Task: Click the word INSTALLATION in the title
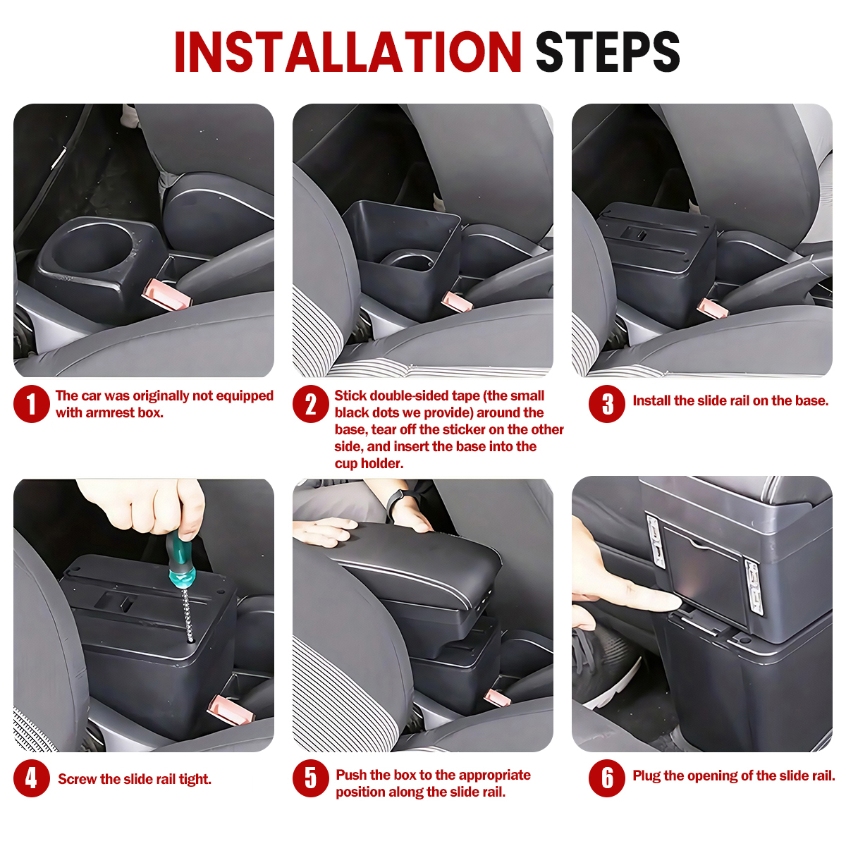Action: coord(348,51)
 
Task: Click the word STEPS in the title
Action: coord(608,51)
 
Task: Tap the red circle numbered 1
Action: coord(32,404)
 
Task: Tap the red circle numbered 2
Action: coord(311,404)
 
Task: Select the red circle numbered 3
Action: coord(607,404)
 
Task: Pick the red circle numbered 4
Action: coord(32,778)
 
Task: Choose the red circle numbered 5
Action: coord(311,778)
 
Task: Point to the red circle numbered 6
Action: coord(607,778)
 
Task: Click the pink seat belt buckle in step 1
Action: coord(166,295)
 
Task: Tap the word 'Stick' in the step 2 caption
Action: coord(350,396)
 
